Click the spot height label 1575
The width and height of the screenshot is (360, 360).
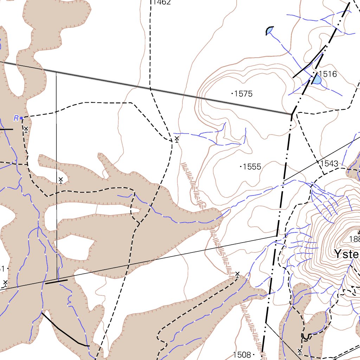pyautogui.click(x=243, y=94)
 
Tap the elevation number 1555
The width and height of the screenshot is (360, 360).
pyautogui.click(x=252, y=167)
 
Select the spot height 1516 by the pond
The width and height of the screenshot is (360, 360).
pyautogui.click(x=328, y=74)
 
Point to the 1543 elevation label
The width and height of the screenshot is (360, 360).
pyautogui.click(x=329, y=163)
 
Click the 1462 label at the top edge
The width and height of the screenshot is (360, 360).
pyautogui.click(x=162, y=2)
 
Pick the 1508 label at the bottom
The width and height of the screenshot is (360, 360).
pyautogui.click(x=242, y=355)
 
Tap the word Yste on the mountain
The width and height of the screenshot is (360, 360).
pyautogui.click(x=346, y=254)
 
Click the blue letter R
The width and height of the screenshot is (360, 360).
pyautogui.click(x=16, y=118)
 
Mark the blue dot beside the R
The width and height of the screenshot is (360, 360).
pyautogui.click(x=21, y=118)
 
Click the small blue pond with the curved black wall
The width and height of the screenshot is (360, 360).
pyautogui.click(x=269, y=31)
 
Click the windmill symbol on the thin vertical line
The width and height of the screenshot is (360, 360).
pyautogui.click(x=60, y=180)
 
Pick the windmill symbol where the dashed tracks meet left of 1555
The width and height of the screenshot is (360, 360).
pyautogui.click(x=176, y=139)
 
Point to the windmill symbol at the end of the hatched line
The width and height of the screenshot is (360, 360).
pyautogui.click(x=237, y=275)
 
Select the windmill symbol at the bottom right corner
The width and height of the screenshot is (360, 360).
pyautogui.click(x=300, y=351)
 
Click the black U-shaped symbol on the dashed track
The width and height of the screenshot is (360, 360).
pyautogui.click(x=306, y=337)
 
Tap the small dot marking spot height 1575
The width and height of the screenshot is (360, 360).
pyautogui.click(x=232, y=94)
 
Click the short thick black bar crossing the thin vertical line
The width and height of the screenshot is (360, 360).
pyautogui.click(x=56, y=281)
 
